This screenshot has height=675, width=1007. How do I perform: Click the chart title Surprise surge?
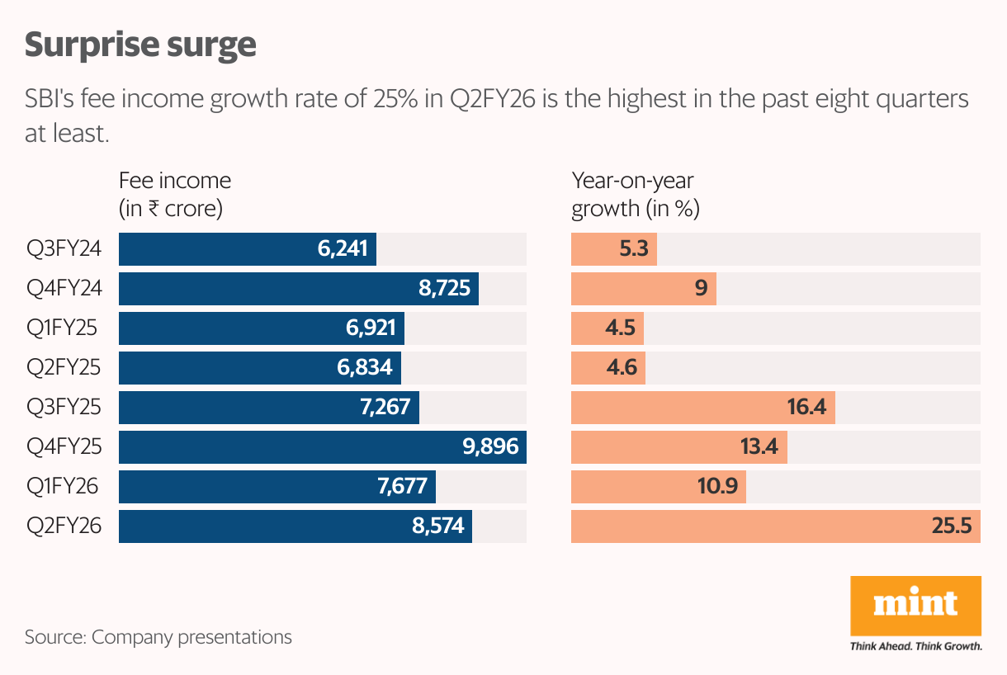coord(140,45)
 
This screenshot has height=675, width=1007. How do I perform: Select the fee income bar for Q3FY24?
coord(248,249)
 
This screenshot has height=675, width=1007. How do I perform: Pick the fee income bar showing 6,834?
coord(260,368)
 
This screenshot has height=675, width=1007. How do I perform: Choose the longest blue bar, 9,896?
coord(323,447)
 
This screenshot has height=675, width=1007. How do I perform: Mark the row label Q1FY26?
coord(63,487)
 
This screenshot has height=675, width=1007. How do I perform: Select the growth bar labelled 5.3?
coord(614,249)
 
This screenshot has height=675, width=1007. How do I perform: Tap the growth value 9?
coord(702,289)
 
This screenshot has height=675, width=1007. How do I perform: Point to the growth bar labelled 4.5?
coord(608,328)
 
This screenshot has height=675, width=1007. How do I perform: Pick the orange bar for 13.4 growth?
coord(678,447)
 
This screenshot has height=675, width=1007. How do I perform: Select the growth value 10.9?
coord(717,487)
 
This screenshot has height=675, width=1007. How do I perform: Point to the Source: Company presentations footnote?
coord(158,637)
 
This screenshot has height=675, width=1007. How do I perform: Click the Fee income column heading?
coord(175,194)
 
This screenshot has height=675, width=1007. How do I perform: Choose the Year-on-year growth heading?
coord(636,194)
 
